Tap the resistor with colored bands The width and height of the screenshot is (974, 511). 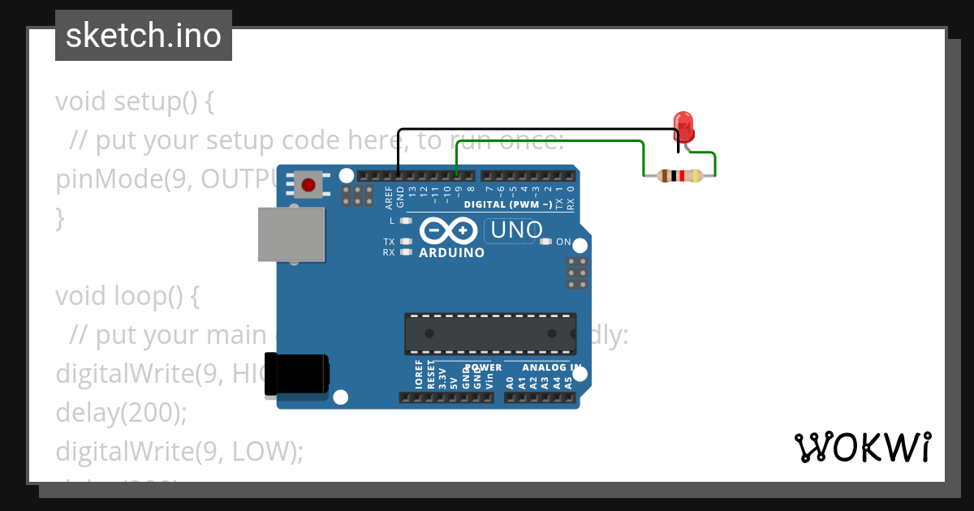680,176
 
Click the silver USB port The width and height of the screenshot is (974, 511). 291,234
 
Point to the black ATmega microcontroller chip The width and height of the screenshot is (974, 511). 490,333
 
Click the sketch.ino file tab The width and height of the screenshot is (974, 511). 144,36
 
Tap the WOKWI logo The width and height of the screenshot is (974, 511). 862,447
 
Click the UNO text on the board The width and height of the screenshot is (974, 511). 516,230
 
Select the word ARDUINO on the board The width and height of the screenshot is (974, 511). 451,253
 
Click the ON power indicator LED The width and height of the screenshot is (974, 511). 546,242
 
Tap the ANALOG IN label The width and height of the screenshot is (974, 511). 552,367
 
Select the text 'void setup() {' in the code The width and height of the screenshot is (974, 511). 134,101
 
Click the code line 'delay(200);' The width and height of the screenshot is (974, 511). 121,413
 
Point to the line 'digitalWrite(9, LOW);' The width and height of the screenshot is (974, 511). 179,452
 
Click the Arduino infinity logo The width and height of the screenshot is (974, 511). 449,231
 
